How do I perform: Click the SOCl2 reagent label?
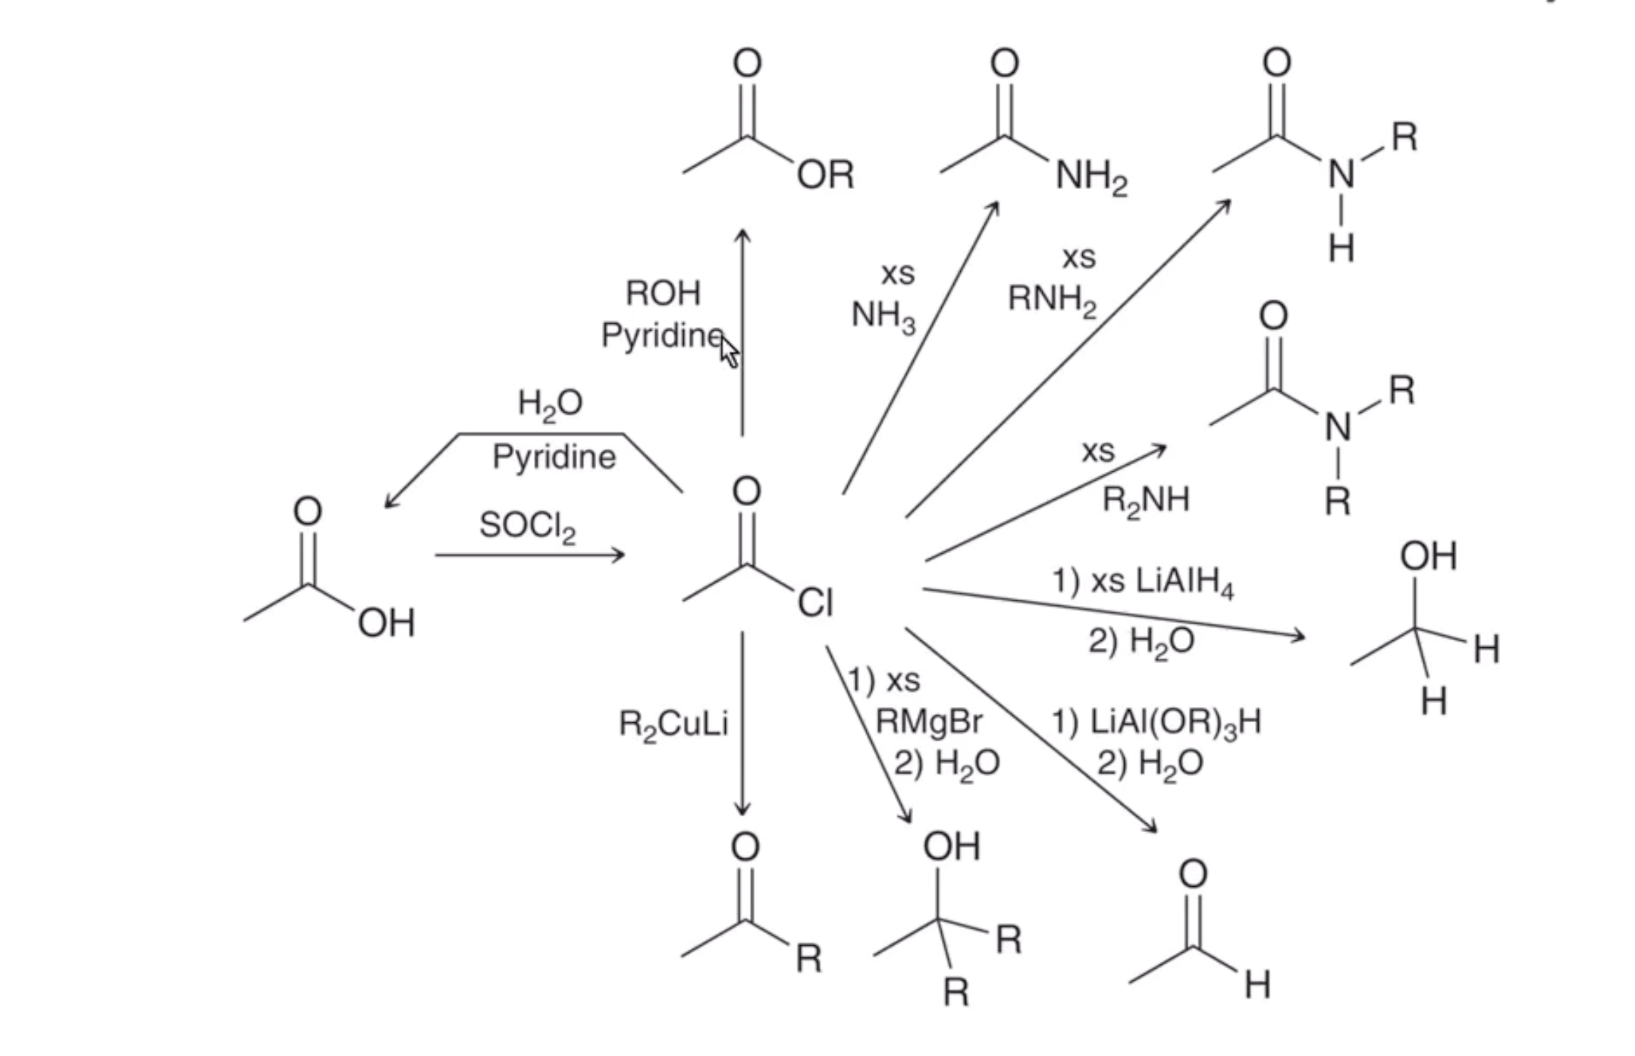(528, 525)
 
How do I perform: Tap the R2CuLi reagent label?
(673, 724)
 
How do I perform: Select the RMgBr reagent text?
(929, 721)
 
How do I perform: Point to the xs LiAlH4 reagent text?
(1163, 583)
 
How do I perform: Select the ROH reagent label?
(664, 293)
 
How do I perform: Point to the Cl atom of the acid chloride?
(815, 603)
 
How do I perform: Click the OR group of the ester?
(826, 175)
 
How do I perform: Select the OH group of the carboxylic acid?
(387, 624)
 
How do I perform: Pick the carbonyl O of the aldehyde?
(1193, 875)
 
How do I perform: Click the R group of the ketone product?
(809, 958)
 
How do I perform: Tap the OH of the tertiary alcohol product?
(952, 846)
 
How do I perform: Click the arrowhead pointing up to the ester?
(742, 235)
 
